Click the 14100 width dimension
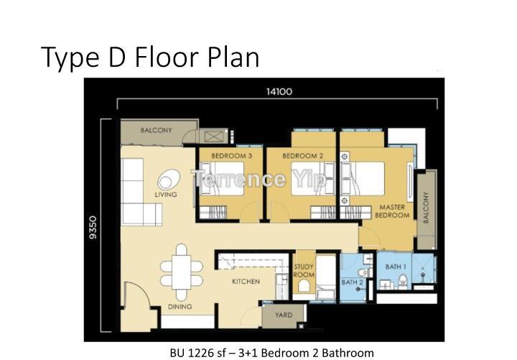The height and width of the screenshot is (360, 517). click(279, 91)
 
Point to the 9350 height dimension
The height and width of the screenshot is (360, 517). click(93, 229)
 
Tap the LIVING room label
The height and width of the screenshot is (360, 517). click(166, 195)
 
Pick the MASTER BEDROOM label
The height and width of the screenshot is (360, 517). click(392, 211)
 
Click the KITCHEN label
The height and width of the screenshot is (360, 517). click(246, 282)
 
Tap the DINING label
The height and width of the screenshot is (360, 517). click(180, 307)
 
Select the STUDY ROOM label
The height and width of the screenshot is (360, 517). click(304, 271)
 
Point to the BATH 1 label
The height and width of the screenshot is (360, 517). click(395, 267)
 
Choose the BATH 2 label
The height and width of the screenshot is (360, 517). click(352, 282)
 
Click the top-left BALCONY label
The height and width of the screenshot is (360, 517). click(156, 131)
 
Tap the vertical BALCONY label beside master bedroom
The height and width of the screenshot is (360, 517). click(426, 208)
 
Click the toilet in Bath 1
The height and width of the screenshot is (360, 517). click(403, 280)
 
